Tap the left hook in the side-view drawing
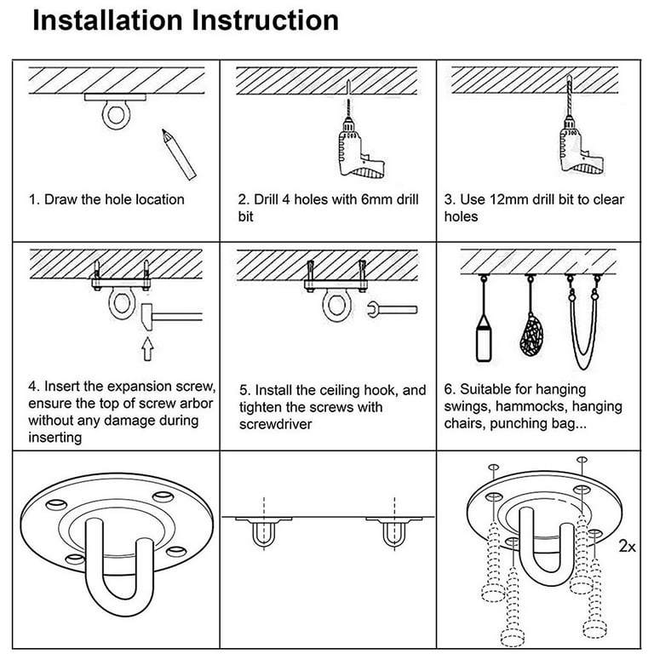pos(263,533)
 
